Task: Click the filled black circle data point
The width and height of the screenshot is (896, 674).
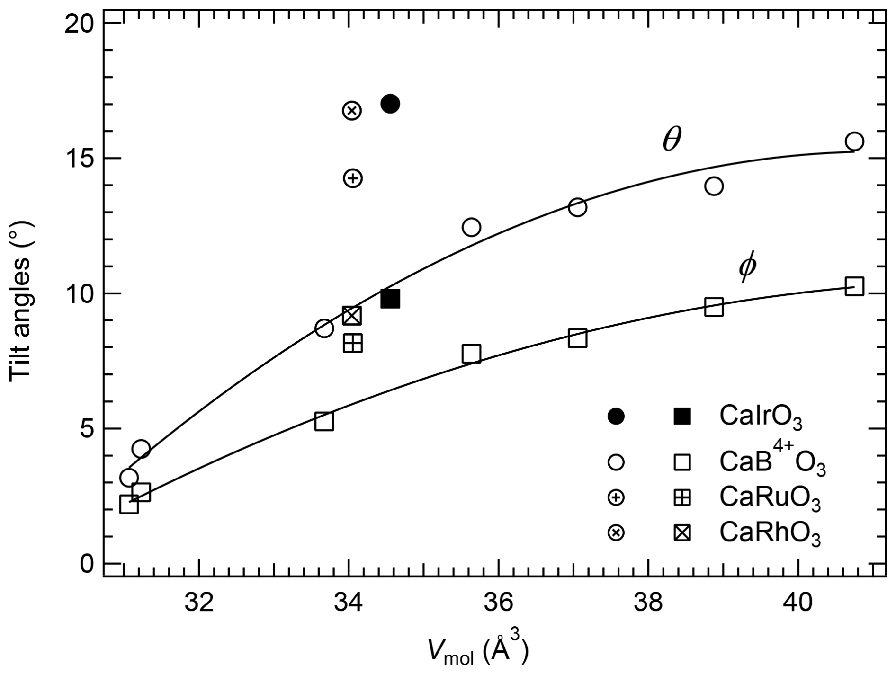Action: [390, 103]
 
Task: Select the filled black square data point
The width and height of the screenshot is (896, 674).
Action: [390, 299]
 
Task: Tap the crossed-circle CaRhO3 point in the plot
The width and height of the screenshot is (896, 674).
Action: [352, 110]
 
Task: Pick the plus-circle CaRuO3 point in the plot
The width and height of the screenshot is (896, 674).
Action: [353, 178]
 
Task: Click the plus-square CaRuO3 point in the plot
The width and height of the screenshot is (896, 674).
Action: [353, 343]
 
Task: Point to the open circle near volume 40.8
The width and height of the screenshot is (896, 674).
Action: [854, 141]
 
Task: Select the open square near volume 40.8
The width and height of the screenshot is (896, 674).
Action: [854, 286]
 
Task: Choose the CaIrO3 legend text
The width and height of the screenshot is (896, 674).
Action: [761, 417]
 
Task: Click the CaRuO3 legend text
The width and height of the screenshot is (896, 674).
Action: [770, 498]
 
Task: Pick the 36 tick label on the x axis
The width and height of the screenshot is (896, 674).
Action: [499, 603]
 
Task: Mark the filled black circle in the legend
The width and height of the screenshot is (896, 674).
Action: [616, 417]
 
